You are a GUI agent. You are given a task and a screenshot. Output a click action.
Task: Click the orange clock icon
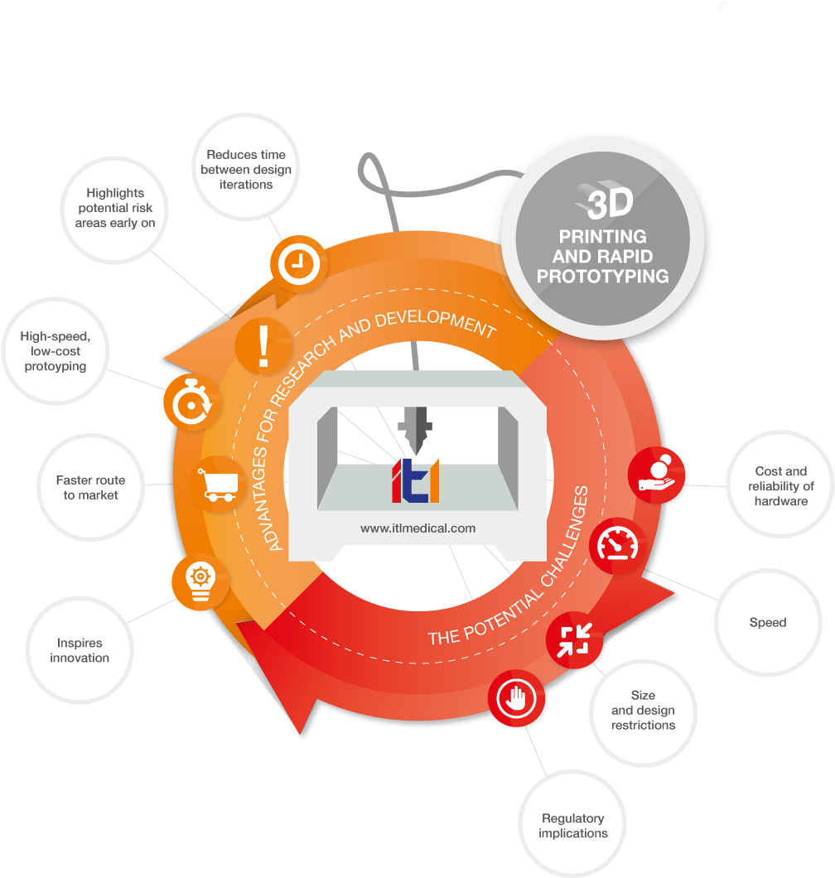pos(298,264)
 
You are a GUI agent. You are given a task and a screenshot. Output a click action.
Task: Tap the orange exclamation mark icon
pos(263,346)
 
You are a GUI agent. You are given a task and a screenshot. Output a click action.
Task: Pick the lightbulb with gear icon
pos(200,581)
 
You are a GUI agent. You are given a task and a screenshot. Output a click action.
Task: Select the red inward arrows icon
pos(574,639)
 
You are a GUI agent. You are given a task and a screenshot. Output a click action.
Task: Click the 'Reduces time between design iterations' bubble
pos(246,169)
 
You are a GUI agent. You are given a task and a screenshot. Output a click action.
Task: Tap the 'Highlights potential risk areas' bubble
pos(115,208)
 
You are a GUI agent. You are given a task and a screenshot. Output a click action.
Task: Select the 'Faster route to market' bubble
pos(91,488)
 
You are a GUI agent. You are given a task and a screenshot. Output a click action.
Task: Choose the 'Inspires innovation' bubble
pos(80,650)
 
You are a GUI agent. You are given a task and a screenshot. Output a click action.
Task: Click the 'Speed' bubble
pos(768,622)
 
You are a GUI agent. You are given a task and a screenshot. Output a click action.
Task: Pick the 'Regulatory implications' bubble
pos(573,826)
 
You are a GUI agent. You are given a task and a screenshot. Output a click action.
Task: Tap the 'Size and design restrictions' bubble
pos(644,711)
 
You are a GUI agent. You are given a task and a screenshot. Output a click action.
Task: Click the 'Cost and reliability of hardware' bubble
pos(781,486)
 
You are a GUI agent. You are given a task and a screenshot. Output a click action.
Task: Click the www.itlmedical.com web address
pos(417,528)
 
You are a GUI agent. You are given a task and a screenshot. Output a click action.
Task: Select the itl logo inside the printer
pos(415,480)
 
